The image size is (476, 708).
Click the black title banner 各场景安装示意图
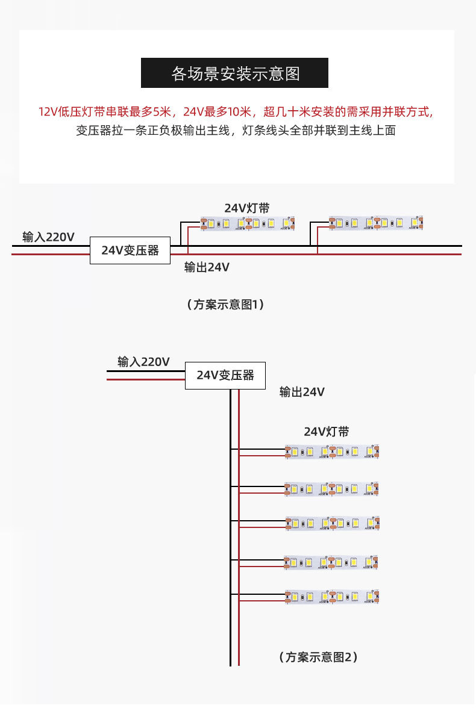(234, 73)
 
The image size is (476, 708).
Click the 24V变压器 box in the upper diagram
(130, 250)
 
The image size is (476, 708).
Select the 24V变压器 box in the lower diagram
(225, 376)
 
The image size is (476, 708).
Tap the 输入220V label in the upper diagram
(48, 237)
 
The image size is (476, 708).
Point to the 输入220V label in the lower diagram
(143, 362)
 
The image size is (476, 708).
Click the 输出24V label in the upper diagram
(207, 267)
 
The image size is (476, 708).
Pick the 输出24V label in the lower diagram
(302, 393)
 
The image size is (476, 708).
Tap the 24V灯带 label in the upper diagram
(247, 208)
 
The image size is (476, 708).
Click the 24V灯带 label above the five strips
(326, 432)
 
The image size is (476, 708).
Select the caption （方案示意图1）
(225, 305)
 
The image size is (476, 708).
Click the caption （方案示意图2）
(319, 657)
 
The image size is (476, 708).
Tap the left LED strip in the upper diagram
(248, 223)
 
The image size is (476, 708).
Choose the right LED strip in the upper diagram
(376, 223)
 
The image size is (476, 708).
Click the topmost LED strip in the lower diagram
(332, 452)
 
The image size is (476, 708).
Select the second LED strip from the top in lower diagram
(332, 489)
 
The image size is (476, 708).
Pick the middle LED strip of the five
(332, 523)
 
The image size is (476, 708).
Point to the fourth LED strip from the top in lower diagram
(332, 562)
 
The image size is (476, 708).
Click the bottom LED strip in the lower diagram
(332, 597)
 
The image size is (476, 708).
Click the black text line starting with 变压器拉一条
(236, 130)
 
